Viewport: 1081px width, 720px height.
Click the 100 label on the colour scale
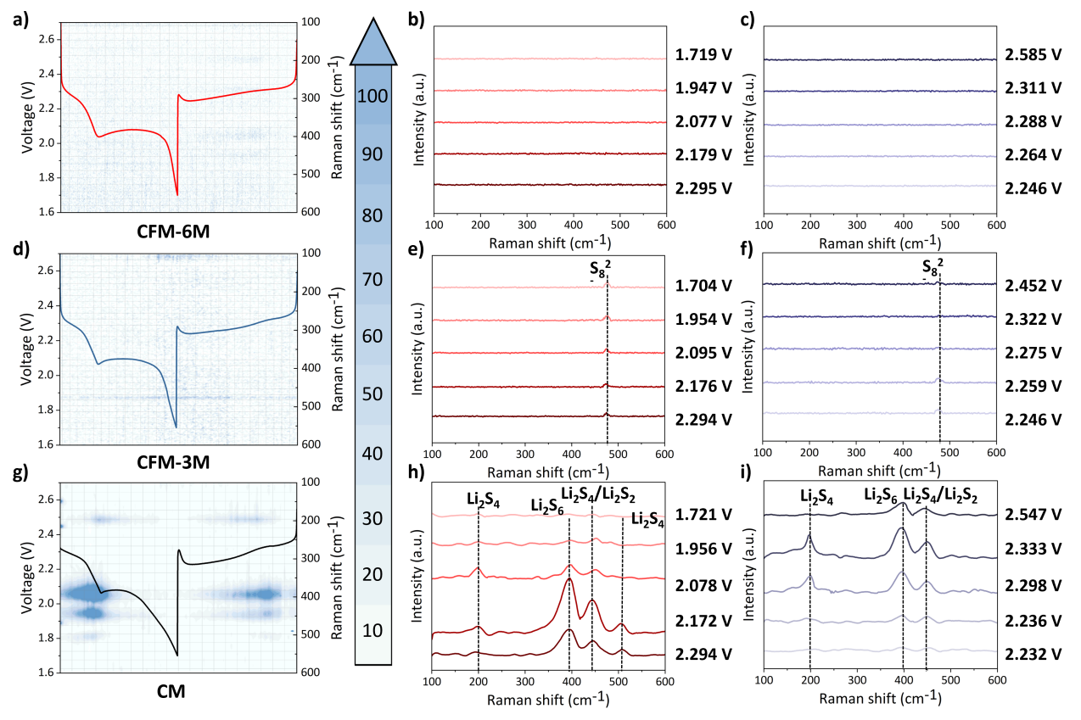(x=372, y=95)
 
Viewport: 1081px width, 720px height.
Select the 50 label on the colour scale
(x=372, y=394)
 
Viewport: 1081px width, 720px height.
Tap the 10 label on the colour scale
(x=372, y=631)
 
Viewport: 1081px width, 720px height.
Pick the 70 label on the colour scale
(x=372, y=279)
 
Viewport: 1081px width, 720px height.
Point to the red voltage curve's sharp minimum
(x=176, y=194)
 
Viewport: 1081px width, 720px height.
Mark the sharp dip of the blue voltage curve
(x=176, y=427)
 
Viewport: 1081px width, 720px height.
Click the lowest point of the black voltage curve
(x=176, y=655)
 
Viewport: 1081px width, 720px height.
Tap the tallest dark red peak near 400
(x=569, y=579)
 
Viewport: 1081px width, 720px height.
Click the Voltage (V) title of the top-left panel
(x=28, y=122)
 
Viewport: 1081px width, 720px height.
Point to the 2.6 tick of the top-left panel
(x=47, y=39)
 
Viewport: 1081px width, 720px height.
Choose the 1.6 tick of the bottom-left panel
(x=47, y=673)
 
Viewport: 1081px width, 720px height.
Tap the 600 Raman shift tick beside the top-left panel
(x=309, y=212)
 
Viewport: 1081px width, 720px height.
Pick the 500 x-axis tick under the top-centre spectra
(x=619, y=225)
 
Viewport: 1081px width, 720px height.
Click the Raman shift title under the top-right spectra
(x=879, y=243)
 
